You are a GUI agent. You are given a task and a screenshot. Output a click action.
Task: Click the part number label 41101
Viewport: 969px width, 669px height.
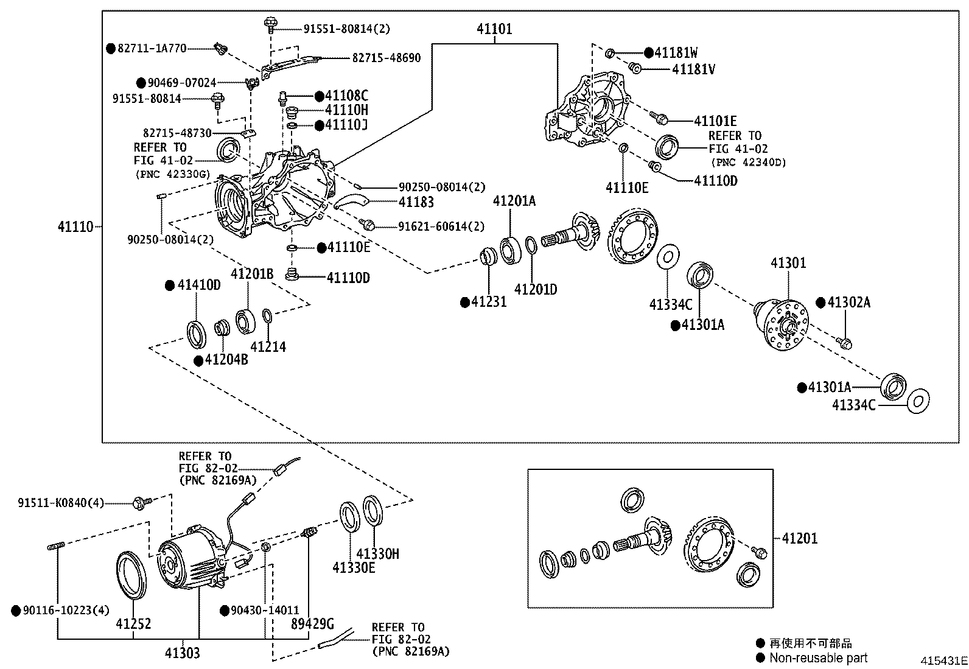pos(494,29)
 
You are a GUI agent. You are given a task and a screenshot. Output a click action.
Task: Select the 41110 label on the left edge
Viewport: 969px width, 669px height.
pos(75,226)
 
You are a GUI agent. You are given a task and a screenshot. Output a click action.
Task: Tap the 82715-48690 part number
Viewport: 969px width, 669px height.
pos(387,58)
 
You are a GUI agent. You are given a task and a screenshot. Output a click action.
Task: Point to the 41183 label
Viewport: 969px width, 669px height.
pos(416,201)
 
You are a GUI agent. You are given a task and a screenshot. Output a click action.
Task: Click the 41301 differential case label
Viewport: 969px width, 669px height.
pos(788,262)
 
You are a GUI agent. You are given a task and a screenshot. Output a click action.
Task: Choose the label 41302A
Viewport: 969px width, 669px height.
pos(848,302)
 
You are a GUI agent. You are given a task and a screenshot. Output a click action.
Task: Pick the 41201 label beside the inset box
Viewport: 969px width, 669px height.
pos(800,538)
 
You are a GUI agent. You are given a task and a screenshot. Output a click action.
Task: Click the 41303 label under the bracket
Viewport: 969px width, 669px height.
pos(182,653)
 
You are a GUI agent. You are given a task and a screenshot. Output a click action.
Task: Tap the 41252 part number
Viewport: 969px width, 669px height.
pos(133,623)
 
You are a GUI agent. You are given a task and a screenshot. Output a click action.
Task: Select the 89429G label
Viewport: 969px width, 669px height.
pos(312,623)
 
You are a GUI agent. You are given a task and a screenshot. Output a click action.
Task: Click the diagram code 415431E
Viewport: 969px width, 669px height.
pos(944,660)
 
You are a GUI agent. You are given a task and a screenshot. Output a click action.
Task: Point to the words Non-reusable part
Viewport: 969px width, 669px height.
pos(819,658)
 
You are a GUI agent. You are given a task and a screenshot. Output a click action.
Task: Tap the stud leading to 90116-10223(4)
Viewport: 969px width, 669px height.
pos(56,546)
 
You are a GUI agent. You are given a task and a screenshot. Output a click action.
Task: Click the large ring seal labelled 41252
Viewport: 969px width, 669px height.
pos(131,575)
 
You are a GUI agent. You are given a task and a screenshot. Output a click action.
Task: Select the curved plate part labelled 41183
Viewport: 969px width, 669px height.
pos(351,201)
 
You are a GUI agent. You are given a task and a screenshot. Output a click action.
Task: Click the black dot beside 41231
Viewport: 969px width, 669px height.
pos(465,303)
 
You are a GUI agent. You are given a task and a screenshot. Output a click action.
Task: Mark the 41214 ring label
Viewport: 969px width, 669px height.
pos(268,346)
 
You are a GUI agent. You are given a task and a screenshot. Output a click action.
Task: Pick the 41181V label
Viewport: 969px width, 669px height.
pos(693,69)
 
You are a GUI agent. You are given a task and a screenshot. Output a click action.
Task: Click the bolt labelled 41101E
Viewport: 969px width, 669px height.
pos(659,117)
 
